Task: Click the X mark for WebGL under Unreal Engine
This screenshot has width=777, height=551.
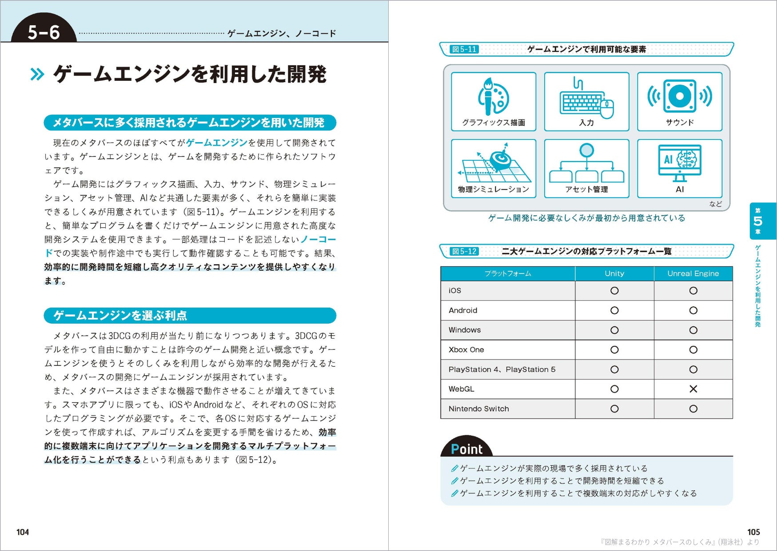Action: pos(693,389)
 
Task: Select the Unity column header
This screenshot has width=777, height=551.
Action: pos(614,274)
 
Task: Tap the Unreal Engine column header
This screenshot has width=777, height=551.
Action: pos(693,274)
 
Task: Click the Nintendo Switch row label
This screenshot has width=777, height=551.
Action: pos(478,408)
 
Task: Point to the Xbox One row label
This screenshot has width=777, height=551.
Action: pos(466,349)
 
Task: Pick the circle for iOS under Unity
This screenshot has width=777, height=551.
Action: pos(614,290)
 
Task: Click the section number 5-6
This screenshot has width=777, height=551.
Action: pos(44,32)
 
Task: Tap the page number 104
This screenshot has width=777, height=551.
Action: pos(23,532)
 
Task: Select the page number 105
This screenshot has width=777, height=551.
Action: pos(753,532)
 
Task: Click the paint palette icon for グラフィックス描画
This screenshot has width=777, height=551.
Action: pos(493,96)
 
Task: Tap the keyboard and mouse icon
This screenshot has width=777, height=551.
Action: pos(586,99)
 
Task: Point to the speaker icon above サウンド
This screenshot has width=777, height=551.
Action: pos(679,96)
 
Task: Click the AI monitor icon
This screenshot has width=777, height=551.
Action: pos(679,163)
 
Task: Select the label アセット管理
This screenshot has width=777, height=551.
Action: pos(586,190)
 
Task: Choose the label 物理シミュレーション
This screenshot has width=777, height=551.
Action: pos(493,190)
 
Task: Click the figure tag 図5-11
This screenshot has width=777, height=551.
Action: pos(464,49)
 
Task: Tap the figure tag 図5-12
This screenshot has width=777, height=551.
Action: pos(464,251)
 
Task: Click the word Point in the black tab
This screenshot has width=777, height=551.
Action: pos(466,449)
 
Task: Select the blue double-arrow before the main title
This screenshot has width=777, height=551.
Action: pos(37,74)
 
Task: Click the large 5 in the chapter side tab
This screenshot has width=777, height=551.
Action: pos(758,221)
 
